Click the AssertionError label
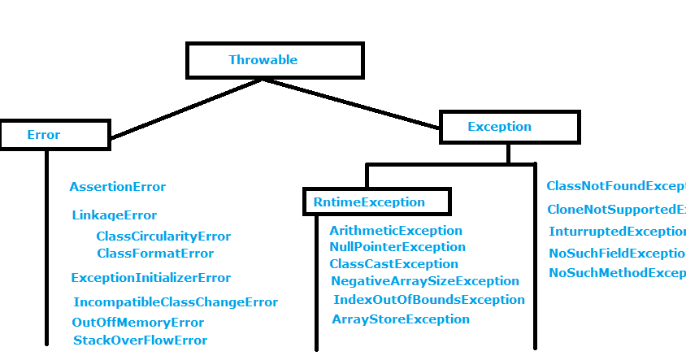coord(118,187)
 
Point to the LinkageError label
coord(114,215)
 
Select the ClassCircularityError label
coord(163,236)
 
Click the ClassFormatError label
coord(155,254)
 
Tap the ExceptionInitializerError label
coord(151,278)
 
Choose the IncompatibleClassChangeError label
coord(176,302)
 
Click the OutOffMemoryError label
coord(138,323)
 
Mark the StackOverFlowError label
coord(140,340)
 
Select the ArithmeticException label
coord(396,231)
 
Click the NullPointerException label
coord(397,247)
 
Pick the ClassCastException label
coord(394,264)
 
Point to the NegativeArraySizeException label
coord(425,281)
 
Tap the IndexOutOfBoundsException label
coord(429,300)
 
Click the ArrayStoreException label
coord(401,319)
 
